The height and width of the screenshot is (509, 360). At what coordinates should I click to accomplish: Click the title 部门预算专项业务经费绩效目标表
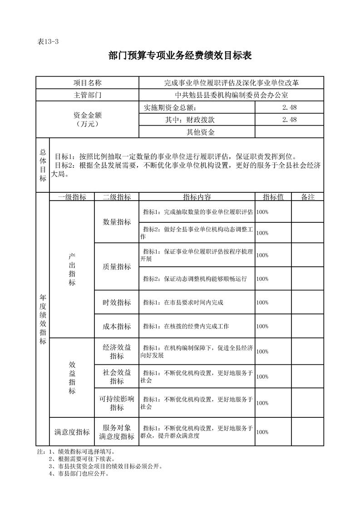[x=180, y=56]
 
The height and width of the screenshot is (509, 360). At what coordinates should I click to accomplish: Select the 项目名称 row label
[x=88, y=83]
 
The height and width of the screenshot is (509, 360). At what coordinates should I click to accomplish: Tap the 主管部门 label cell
[x=88, y=95]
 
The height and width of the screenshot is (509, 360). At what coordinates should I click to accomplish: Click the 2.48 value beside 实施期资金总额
[x=289, y=108]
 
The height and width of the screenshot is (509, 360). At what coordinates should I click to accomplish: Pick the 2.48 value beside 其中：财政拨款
[x=289, y=120]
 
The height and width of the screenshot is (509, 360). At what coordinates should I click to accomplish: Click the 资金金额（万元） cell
[x=88, y=119]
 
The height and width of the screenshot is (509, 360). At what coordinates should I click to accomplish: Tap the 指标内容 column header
[x=197, y=197]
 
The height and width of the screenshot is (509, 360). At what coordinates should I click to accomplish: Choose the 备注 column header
[x=307, y=197]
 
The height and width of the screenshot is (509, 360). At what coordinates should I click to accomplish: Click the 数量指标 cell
[x=117, y=222]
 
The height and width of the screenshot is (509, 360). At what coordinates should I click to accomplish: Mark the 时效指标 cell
[x=117, y=303]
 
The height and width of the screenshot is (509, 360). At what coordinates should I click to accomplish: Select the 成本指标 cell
[x=117, y=327]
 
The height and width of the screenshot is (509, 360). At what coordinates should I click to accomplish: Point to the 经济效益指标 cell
[x=117, y=352]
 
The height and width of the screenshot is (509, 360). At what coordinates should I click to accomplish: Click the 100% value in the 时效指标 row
[x=262, y=303]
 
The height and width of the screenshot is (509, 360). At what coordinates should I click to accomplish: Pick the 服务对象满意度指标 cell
[x=117, y=432]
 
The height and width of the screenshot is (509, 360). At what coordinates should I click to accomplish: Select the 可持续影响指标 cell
[x=117, y=403]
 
